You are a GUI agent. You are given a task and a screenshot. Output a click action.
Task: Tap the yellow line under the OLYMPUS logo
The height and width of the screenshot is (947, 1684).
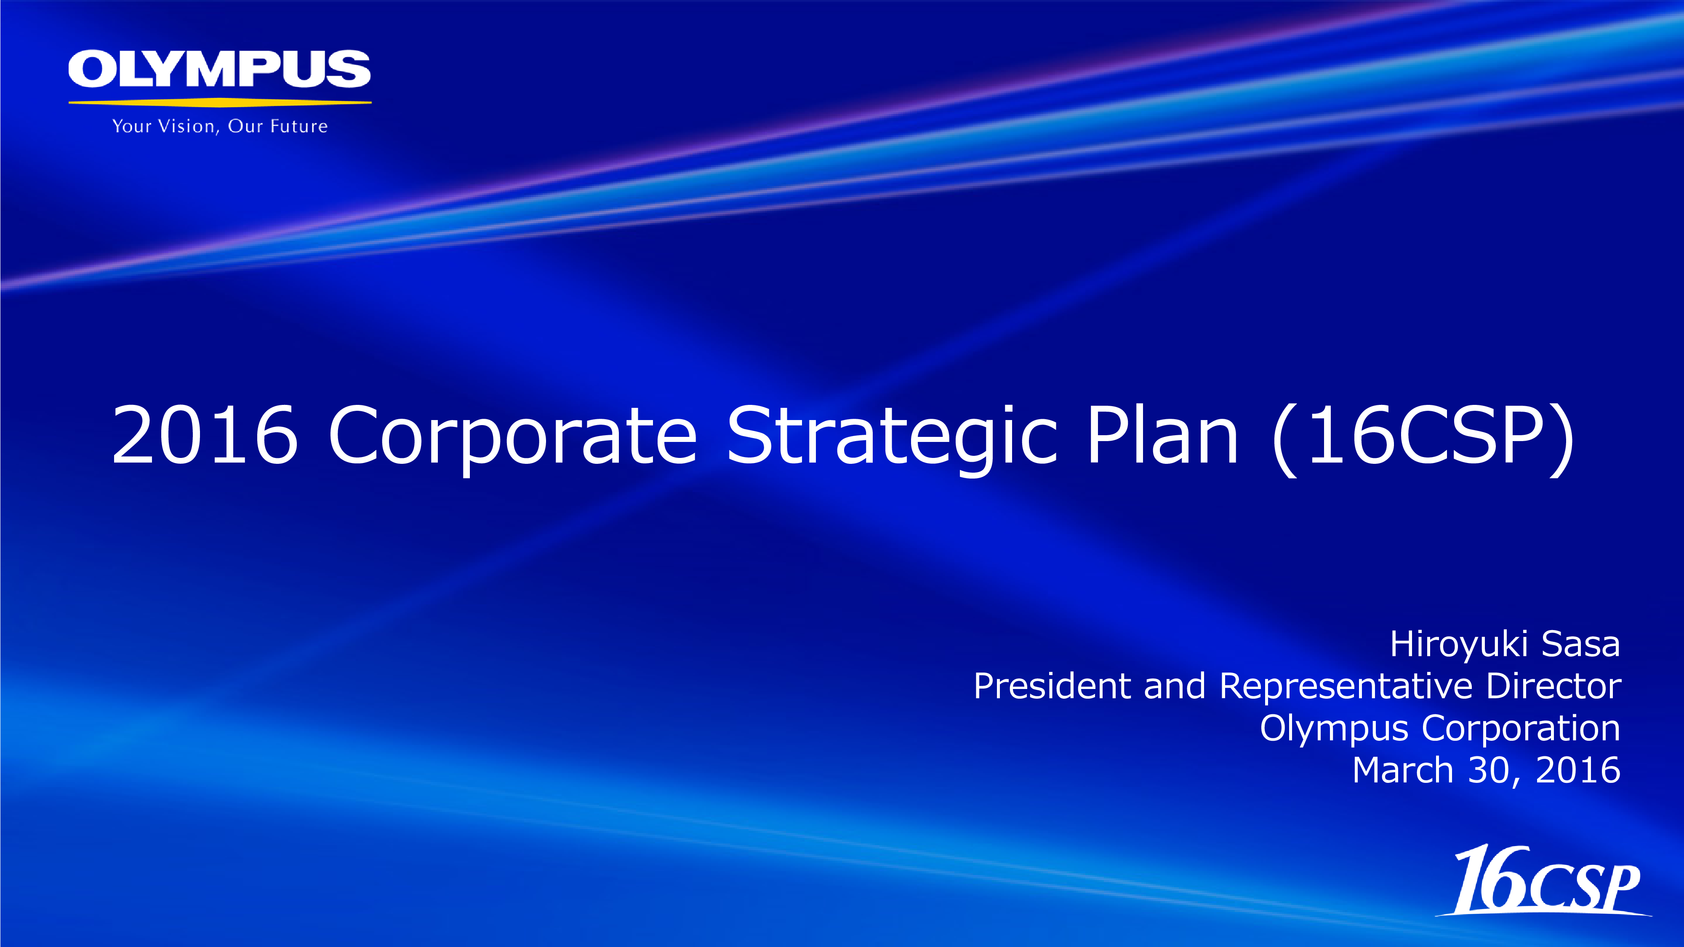(x=220, y=102)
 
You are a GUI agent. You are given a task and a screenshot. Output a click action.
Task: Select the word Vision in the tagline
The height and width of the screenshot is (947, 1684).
(x=188, y=126)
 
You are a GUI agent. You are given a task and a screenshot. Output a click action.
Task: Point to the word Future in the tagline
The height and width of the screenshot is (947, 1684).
(x=299, y=126)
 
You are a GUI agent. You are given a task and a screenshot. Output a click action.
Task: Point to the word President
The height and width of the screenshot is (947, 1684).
(x=1052, y=686)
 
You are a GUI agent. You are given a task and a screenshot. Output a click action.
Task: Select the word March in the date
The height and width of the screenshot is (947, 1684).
(x=1402, y=770)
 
